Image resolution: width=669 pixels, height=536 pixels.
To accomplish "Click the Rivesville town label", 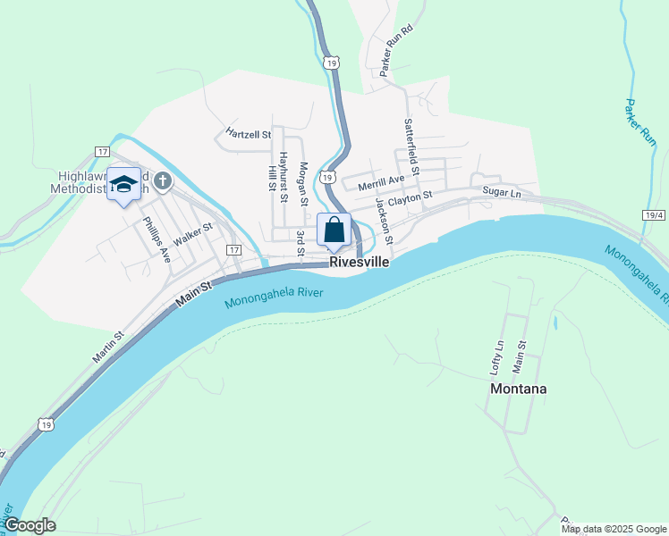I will tap(360, 263).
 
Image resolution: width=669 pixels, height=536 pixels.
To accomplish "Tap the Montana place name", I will tap(518, 389).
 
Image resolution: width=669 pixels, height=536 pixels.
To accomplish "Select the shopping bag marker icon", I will tap(334, 230).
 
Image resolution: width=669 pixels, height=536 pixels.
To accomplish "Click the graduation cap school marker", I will tap(123, 184).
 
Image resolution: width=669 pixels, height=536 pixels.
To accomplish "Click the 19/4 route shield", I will tap(654, 215).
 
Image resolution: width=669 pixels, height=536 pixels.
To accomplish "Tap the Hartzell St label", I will tap(248, 135).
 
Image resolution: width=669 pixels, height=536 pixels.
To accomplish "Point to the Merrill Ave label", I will tap(381, 184).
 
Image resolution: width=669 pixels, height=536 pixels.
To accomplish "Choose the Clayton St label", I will tap(416, 196).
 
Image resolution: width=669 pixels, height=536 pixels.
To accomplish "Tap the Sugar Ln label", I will tap(501, 192).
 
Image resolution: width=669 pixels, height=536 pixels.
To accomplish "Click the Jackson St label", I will tap(384, 222).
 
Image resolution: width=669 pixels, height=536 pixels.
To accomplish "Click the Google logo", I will tap(30, 525).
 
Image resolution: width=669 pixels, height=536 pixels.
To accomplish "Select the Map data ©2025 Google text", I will tap(614, 529).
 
